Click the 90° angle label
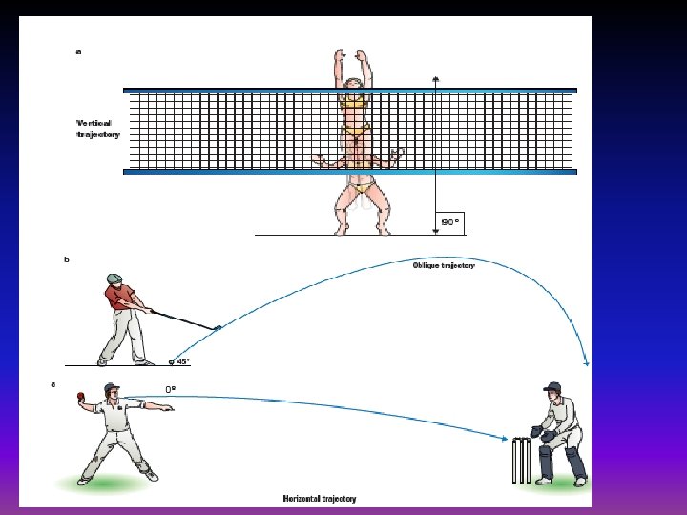click(449, 222)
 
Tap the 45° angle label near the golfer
click(182, 361)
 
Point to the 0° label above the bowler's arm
click(171, 389)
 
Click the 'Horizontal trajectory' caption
click(319, 498)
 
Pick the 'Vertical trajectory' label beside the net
click(98, 129)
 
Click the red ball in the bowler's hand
click(83, 396)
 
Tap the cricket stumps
click(520, 460)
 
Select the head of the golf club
click(218, 328)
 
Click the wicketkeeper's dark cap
click(552, 387)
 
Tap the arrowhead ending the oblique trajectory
click(587, 362)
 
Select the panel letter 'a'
click(78, 52)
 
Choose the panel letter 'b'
click(67, 259)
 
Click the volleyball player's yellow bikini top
click(354, 100)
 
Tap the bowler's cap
click(112, 388)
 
